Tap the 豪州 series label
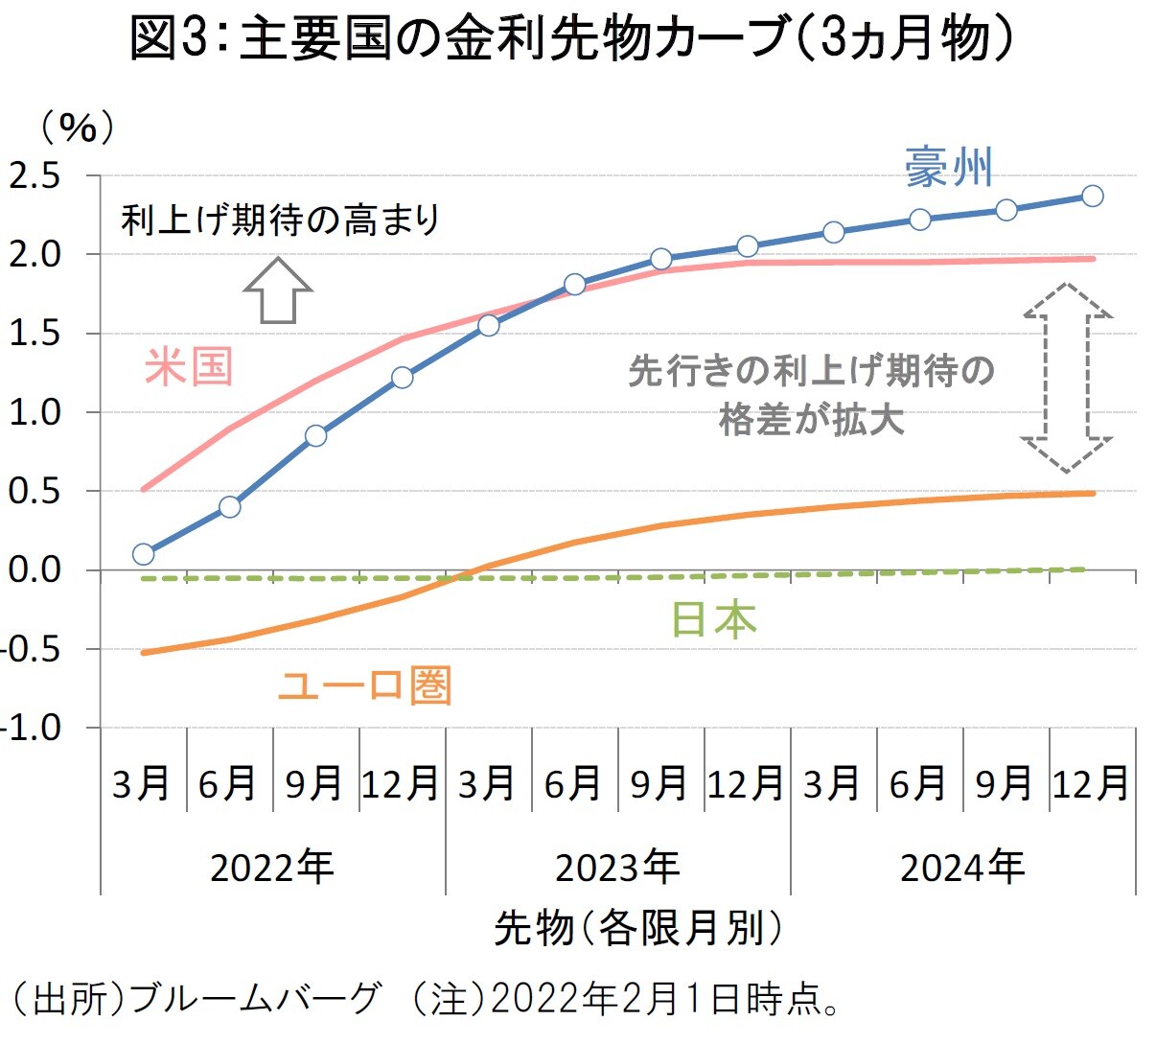pyautogui.click(x=948, y=168)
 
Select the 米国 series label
pyautogui.click(x=189, y=367)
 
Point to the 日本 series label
pyautogui.click(x=712, y=619)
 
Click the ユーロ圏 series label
pyautogui.click(x=364, y=685)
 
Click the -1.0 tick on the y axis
pyautogui.click(x=34, y=729)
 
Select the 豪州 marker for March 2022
pyautogui.click(x=144, y=553)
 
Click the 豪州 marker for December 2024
pyautogui.click(x=1092, y=196)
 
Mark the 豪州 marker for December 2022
pyautogui.click(x=403, y=377)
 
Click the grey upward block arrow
pyautogui.click(x=278, y=290)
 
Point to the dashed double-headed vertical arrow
pyautogui.click(x=1066, y=377)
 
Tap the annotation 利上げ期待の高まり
pyautogui.click(x=280, y=220)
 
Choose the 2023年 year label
pyautogui.click(x=617, y=868)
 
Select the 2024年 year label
pyautogui.click(x=962, y=868)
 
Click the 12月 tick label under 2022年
pyautogui.click(x=401, y=784)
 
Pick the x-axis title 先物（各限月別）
pyautogui.click(x=637, y=928)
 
